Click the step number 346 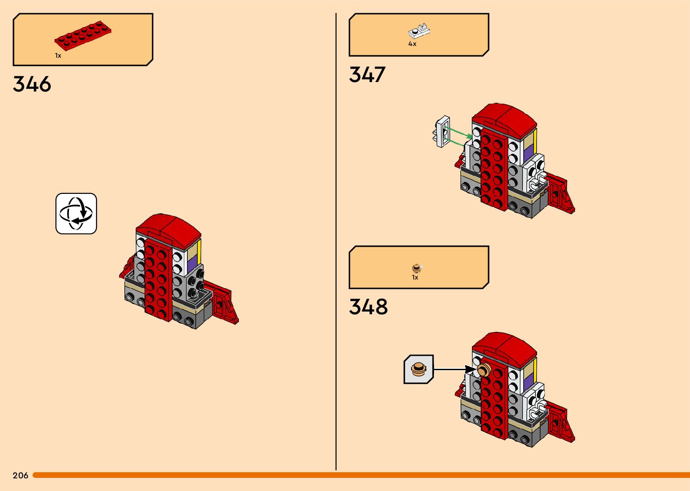(x=32, y=84)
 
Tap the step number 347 (x=367, y=75)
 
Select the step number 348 (x=368, y=307)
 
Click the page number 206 (x=20, y=475)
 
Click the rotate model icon (x=76, y=214)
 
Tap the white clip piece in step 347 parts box (x=419, y=32)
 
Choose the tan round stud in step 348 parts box (x=416, y=268)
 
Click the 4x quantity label (x=412, y=44)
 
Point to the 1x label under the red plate (x=58, y=55)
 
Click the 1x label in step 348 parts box (x=415, y=278)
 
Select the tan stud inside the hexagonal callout (x=419, y=369)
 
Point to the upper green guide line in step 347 (x=458, y=132)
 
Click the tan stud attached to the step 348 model (x=483, y=370)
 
